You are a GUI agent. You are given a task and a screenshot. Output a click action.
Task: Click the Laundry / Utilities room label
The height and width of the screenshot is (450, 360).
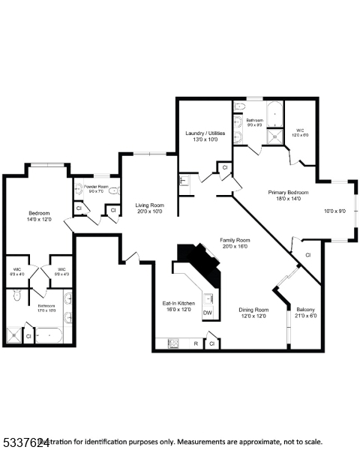(x=205, y=133)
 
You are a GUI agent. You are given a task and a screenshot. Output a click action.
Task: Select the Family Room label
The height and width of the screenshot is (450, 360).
(x=235, y=240)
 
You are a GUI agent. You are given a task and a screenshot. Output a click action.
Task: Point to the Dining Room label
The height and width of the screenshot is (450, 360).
(x=253, y=309)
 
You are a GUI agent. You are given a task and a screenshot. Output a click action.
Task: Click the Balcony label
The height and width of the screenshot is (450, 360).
(x=305, y=309)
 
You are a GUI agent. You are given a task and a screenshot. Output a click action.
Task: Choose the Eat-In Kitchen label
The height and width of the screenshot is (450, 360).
(x=179, y=303)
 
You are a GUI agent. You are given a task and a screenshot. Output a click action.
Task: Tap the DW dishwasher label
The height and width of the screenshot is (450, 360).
(x=208, y=313)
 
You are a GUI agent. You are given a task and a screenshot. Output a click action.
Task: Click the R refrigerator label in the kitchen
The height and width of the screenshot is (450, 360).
(x=195, y=343)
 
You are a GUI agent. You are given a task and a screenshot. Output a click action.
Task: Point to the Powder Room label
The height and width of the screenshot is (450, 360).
(x=96, y=186)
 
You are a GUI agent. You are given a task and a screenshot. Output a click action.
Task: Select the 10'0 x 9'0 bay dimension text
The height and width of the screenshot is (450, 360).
(x=334, y=211)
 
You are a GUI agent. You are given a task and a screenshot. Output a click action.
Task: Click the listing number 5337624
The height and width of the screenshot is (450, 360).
(x=25, y=442)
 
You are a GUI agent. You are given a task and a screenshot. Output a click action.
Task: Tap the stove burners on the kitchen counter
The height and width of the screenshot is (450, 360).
(x=173, y=343)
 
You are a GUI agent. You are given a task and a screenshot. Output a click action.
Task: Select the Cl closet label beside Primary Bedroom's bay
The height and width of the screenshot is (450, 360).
(x=307, y=255)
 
